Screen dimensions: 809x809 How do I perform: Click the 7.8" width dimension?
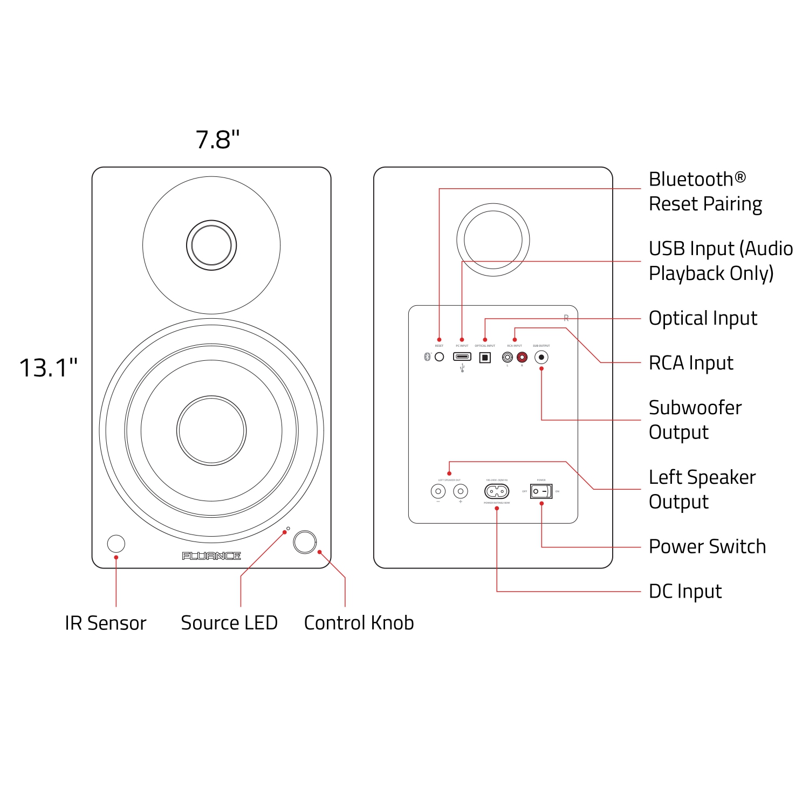pyautogui.click(x=217, y=140)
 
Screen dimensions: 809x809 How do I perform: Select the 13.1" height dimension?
pyautogui.click(x=49, y=368)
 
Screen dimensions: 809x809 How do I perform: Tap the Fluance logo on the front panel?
pyautogui.click(x=211, y=556)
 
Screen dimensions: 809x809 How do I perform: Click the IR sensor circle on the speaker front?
pyautogui.click(x=116, y=543)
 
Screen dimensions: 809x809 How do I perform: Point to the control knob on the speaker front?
pyautogui.click(x=305, y=542)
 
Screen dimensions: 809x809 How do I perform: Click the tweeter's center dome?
pyautogui.click(x=211, y=245)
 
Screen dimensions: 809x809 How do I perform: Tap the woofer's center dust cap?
pyautogui.click(x=211, y=430)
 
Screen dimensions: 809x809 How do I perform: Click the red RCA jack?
pyautogui.click(x=522, y=357)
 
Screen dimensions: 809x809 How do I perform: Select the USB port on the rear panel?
pyautogui.click(x=462, y=356)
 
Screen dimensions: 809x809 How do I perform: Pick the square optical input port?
pyautogui.click(x=485, y=357)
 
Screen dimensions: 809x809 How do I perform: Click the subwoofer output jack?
pyautogui.click(x=541, y=357)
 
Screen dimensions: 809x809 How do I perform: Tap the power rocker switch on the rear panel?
pyautogui.click(x=541, y=491)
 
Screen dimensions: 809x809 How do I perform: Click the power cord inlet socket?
pyautogui.click(x=497, y=491)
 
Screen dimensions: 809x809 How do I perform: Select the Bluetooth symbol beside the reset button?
pyautogui.click(x=427, y=357)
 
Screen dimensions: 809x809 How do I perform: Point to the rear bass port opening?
pyautogui.click(x=493, y=239)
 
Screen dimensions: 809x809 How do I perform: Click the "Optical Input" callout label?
pyautogui.click(x=703, y=318)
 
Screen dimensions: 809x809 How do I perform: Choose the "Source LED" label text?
pyautogui.click(x=229, y=623)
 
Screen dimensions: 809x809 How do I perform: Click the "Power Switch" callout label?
pyautogui.click(x=707, y=547)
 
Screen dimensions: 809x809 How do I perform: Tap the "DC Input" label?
pyautogui.click(x=685, y=592)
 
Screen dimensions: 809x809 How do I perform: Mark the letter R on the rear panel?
pyautogui.click(x=566, y=318)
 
